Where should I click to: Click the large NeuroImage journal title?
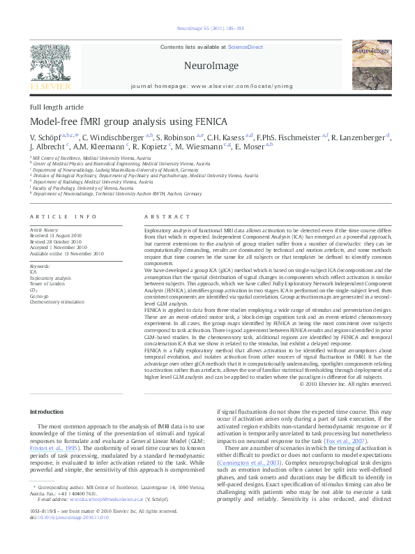pyautogui.click(x=206, y=66)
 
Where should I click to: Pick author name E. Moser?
pyautogui.click(x=250, y=148)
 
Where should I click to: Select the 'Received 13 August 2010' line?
pyautogui.click(x=59, y=235)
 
